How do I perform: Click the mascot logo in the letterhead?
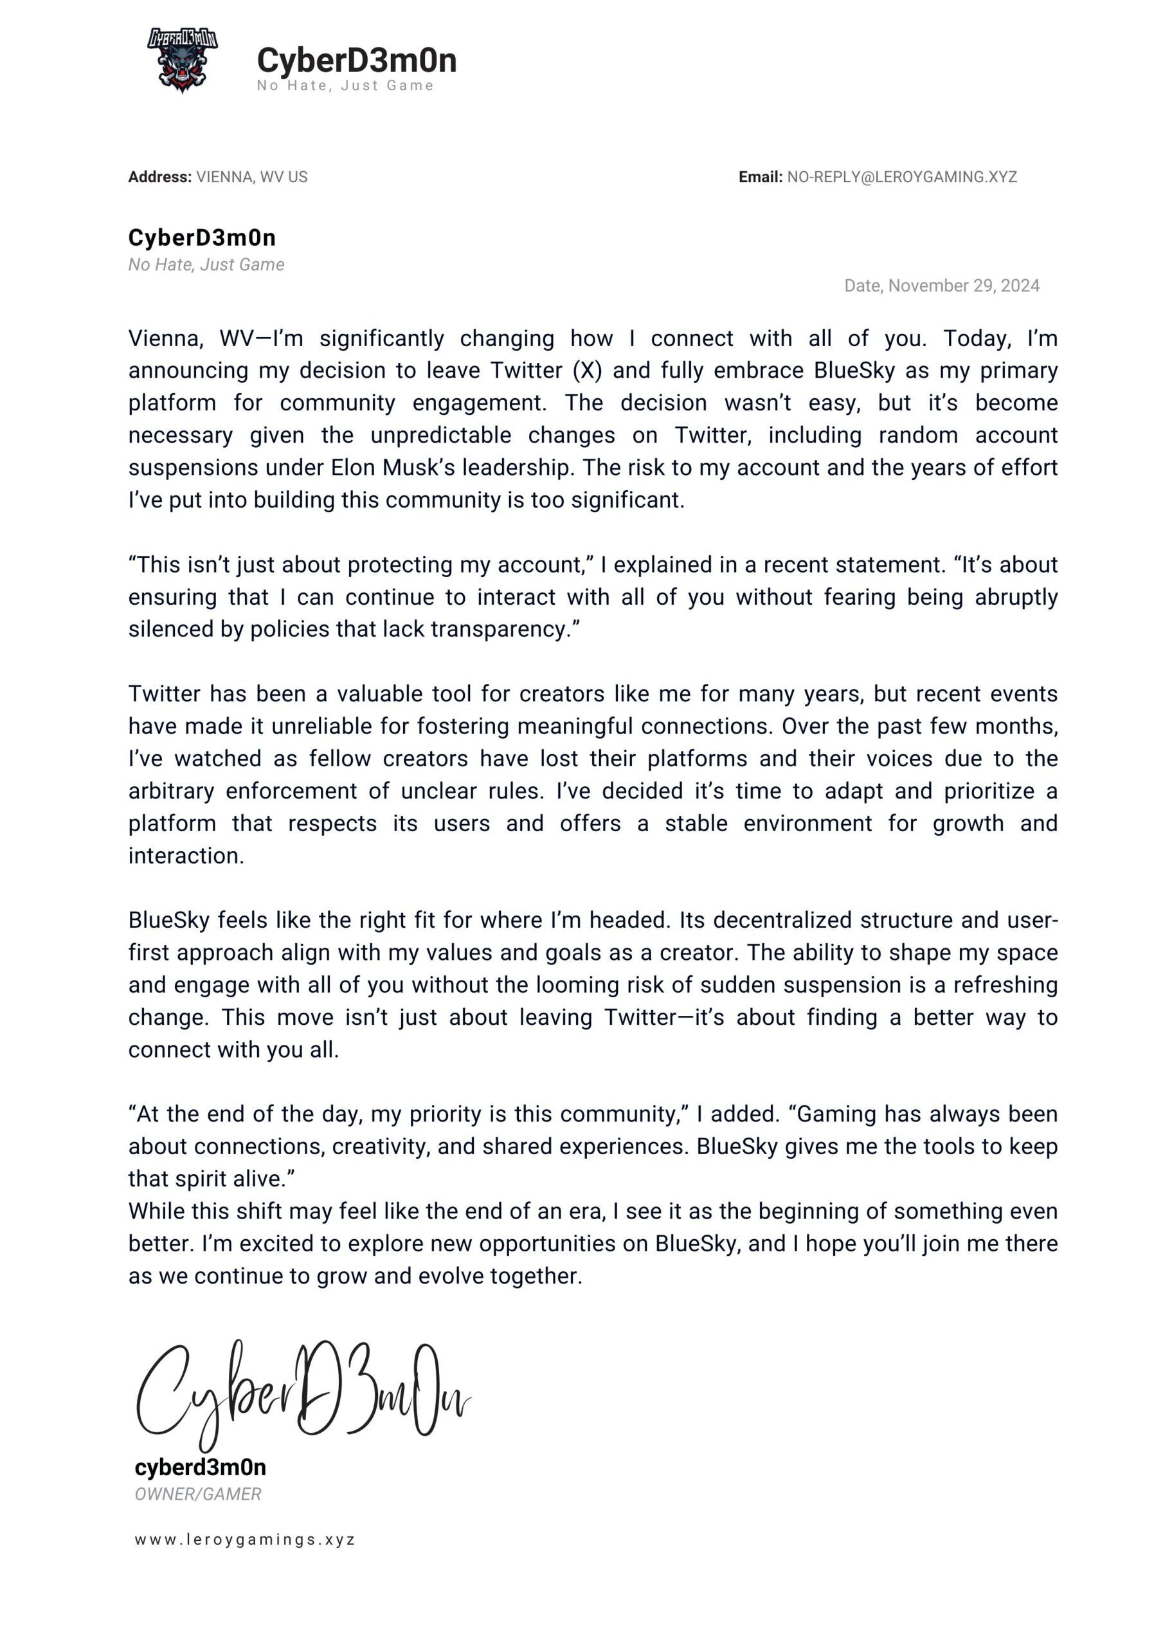click(182, 61)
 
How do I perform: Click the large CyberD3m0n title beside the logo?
click(356, 60)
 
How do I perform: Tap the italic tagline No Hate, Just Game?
click(206, 264)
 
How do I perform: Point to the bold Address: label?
click(160, 177)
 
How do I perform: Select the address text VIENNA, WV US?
click(251, 177)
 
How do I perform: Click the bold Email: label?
click(760, 177)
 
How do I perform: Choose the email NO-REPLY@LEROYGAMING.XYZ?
click(901, 177)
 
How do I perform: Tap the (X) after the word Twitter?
click(586, 371)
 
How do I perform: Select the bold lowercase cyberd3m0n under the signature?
click(200, 1468)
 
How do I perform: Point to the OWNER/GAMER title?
click(198, 1495)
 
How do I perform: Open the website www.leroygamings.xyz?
click(244, 1540)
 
